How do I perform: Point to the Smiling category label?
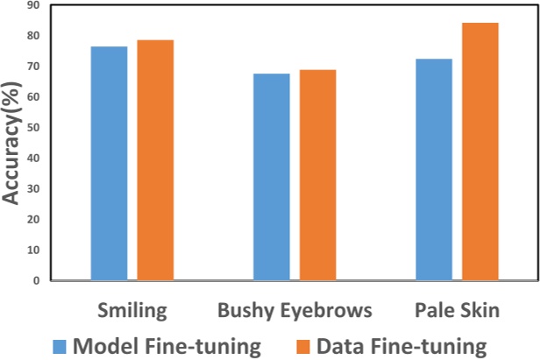[131, 311]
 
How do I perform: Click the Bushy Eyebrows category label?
[295, 311]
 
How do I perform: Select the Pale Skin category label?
[457, 311]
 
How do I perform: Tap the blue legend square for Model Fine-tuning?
[59, 345]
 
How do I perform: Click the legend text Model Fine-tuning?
[167, 345]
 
